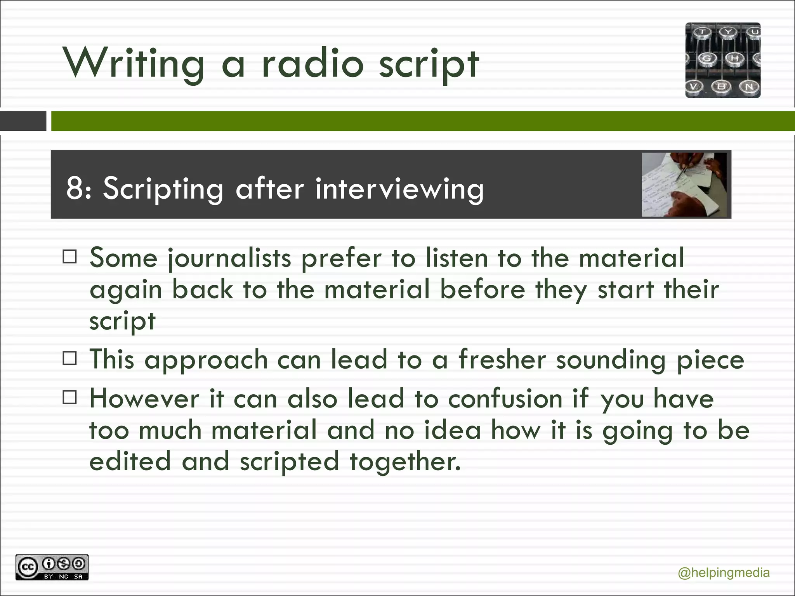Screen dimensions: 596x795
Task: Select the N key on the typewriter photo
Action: point(749,86)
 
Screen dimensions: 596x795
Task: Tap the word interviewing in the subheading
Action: point(399,189)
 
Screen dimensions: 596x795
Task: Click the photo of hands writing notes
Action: point(684,185)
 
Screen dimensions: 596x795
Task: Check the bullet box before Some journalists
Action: point(70,256)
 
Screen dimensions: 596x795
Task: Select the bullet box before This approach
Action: point(70,358)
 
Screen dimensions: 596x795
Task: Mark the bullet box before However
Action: point(70,397)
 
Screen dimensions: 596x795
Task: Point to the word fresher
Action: point(502,359)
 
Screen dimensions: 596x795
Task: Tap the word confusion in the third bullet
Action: point(505,399)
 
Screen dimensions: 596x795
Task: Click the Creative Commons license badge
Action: point(52,567)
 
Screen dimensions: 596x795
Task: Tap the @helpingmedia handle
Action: point(723,573)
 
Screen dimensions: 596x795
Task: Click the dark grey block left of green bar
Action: point(23,121)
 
